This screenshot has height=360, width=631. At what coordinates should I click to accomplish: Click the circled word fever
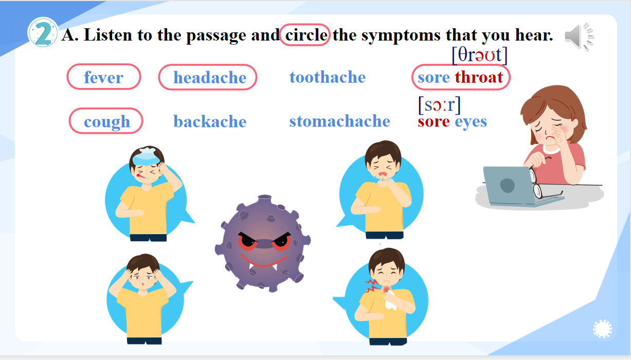pyautogui.click(x=104, y=78)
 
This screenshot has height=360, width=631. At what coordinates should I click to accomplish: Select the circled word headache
pyautogui.click(x=210, y=78)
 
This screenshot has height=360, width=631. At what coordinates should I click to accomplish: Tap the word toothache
pyautogui.click(x=328, y=77)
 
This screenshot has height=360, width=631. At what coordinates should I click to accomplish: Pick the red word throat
pyautogui.click(x=479, y=77)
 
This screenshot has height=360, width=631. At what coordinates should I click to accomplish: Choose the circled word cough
pyautogui.click(x=107, y=122)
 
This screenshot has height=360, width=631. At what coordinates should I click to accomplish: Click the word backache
pyautogui.click(x=210, y=121)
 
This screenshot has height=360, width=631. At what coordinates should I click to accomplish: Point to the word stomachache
pyautogui.click(x=340, y=121)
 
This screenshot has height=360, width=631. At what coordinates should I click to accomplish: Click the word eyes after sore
pyautogui.click(x=471, y=122)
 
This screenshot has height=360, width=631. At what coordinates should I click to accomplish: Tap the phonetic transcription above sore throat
pyautogui.click(x=480, y=55)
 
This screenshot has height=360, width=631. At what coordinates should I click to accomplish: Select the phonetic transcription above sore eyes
pyautogui.click(x=440, y=105)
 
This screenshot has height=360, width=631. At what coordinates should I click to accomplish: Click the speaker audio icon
pyautogui.click(x=579, y=37)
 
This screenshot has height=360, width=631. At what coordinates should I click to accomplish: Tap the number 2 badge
pyautogui.click(x=43, y=32)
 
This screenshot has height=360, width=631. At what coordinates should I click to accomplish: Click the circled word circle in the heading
pyautogui.click(x=305, y=35)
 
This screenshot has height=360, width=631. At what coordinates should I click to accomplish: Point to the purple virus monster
pyautogui.click(x=263, y=243)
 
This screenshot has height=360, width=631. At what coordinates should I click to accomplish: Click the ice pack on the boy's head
pyautogui.click(x=146, y=156)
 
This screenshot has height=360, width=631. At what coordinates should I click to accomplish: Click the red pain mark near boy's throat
pyautogui.click(x=372, y=285)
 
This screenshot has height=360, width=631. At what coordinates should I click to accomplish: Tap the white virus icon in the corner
pyautogui.click(x=603, y=329)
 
